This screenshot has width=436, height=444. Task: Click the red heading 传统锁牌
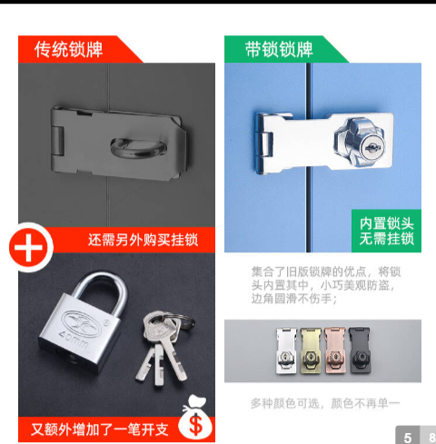coord(68,49)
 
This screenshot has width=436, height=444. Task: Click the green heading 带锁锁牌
coord(279,49)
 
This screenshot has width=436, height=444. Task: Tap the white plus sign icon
coord(29,248)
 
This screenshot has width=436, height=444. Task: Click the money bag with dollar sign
coord(195,418)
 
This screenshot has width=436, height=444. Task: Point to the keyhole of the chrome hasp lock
coord(373,148)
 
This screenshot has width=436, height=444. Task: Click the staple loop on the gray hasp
coord(139,148)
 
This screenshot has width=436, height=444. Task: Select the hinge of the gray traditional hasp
coord(57,141)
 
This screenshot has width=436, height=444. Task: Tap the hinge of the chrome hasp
coord(264,144)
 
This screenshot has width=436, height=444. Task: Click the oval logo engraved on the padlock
coord(82,324)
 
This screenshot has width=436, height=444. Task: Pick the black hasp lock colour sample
coord(360,350)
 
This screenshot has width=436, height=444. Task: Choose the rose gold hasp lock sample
coord(335,350)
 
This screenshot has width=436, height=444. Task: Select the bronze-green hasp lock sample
coord(311,350)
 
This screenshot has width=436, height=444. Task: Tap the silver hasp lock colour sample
coord(287,350)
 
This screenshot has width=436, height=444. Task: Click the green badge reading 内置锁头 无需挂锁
coord(386,231)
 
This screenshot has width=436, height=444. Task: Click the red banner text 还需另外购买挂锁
coord(143,240)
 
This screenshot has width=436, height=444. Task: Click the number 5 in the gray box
coord(408,438)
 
